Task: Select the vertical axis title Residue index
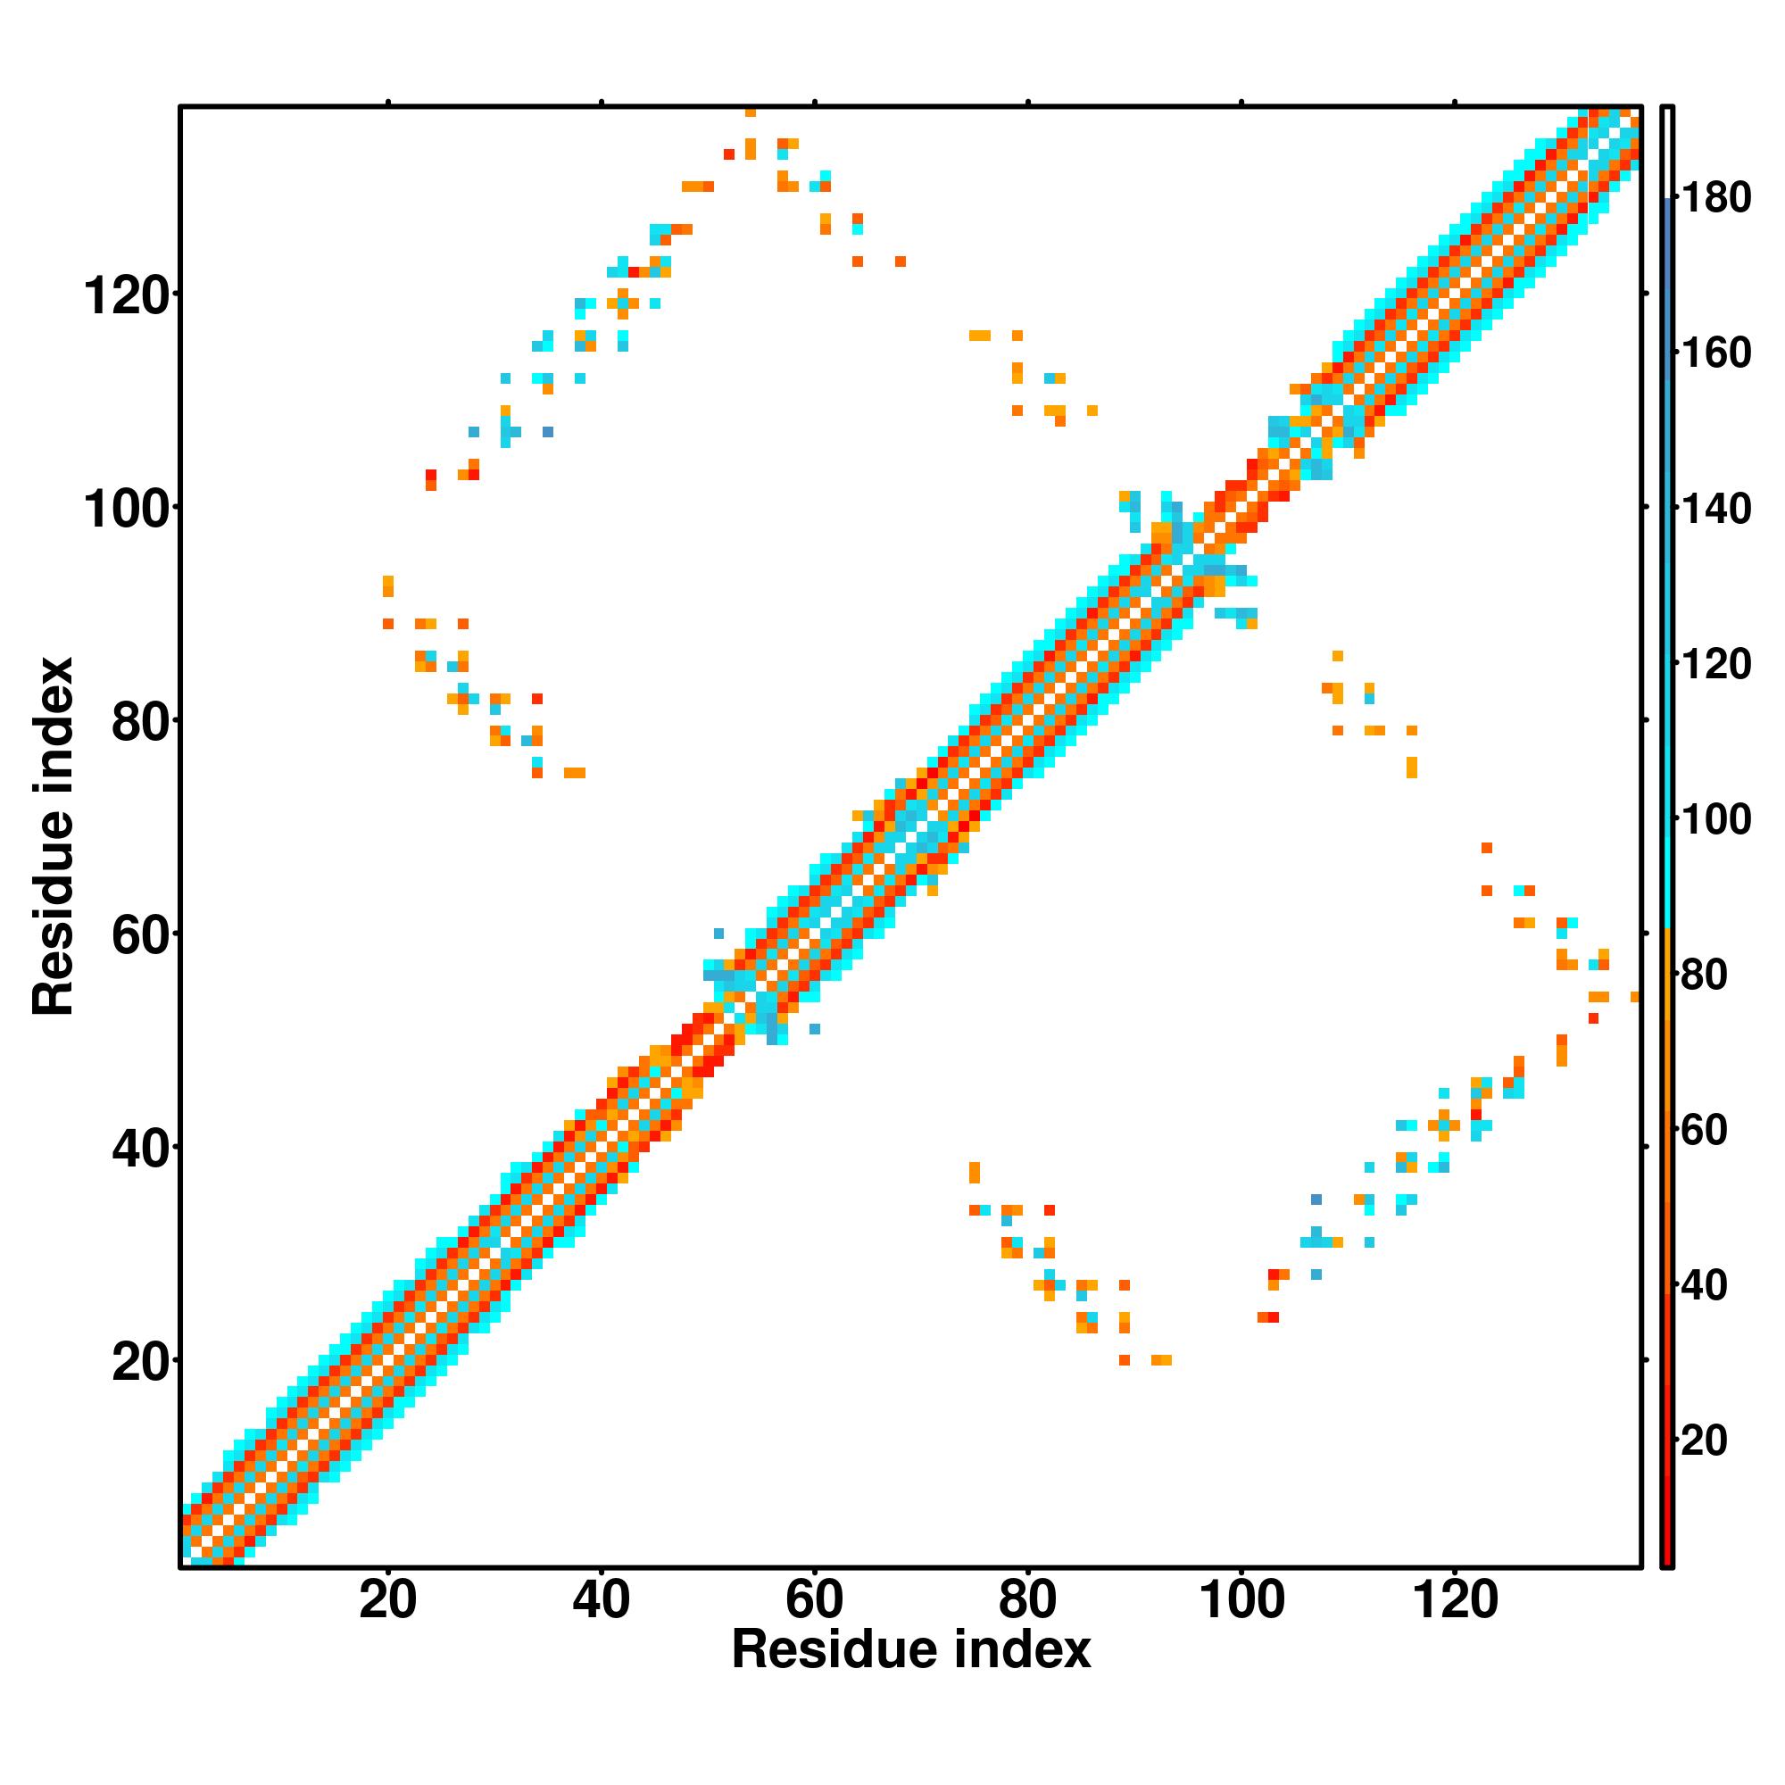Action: click(53, 836)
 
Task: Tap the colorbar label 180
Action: click(1715, 199)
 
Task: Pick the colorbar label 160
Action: click(1715, 353)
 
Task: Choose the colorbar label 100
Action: click(1715, 819)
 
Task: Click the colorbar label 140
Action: click(1715, 509)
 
